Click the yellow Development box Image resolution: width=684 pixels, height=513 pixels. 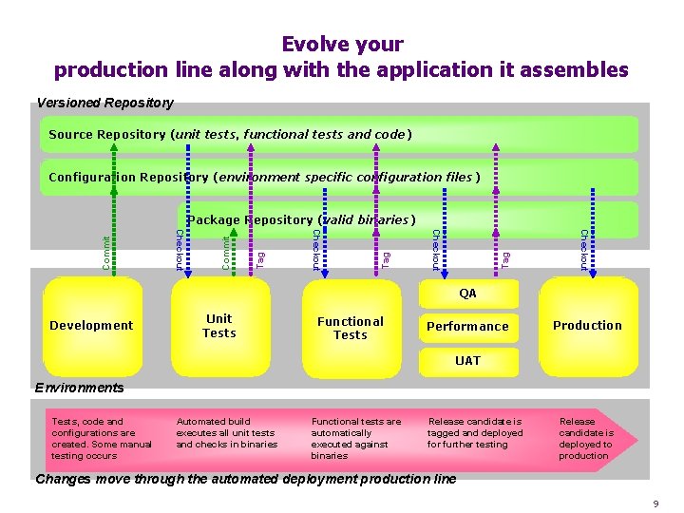click(x=91, y=325)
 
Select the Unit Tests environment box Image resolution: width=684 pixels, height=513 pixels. click(x=218, y=325)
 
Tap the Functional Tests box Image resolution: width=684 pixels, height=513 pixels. click(x=350, y=328)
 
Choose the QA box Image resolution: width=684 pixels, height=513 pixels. click(x=467, y=294)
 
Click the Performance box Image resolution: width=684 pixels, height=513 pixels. click(x=467, y=326)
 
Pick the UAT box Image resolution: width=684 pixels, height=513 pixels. click(x=467, y=361)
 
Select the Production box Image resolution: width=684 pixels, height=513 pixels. click(x=587, y=325)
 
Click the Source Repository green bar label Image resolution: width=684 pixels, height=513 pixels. click(x=230, y=134)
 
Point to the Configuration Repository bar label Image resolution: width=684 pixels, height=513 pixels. click(x=264, y=177)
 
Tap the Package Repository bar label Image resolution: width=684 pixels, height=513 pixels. click(x=301, y=219)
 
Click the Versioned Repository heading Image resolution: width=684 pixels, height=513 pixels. click(x=104, y=102)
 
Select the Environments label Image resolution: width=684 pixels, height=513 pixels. click(x=79, y=388)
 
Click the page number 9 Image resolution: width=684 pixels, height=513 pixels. click(x=655, y=502)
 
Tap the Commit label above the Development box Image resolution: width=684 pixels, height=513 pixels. click(x=106, y=252)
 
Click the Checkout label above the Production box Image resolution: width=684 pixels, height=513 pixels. click(x=583, y=250)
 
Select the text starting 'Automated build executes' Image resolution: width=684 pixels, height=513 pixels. click(x=226, y=432)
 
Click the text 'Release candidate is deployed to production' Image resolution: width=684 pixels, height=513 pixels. click(x=585, y=438)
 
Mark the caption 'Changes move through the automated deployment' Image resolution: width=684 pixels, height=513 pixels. click(x=245, y=479)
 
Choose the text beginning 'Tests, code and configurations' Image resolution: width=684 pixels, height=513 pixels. click(x=100, y=438)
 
